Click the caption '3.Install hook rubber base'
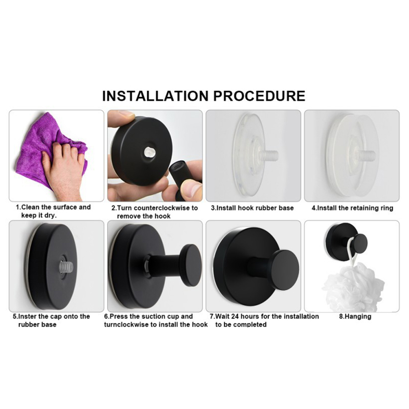pos(252,208)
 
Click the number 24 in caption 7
pos(235,316)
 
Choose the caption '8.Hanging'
pos(355,317)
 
